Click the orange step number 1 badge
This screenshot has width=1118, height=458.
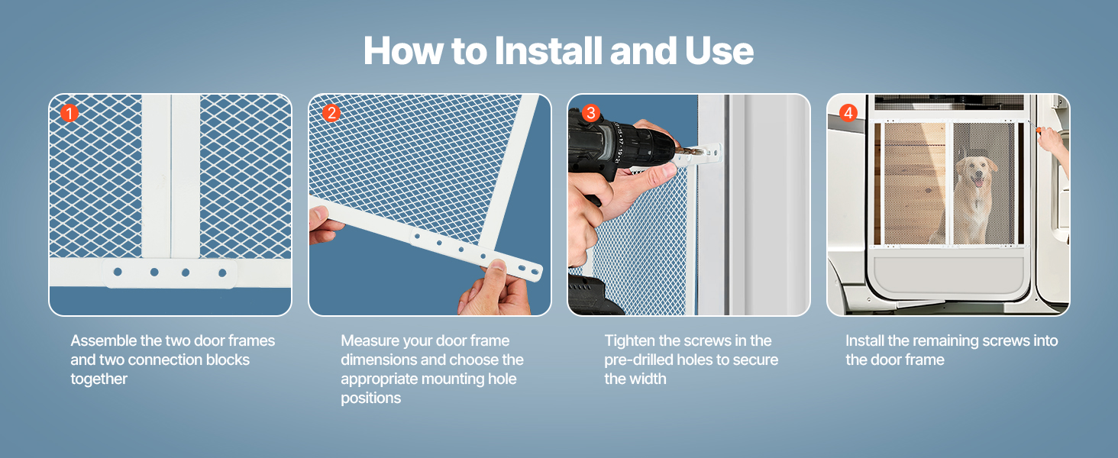click(70, 113)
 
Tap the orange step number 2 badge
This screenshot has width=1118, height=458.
click(331, 113)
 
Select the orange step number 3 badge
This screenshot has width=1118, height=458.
click(591, 113)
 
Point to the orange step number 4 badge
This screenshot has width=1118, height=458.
click(848, 113)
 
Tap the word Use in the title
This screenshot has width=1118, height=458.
click(719, 51)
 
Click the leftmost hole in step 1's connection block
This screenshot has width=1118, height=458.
click(118, 272)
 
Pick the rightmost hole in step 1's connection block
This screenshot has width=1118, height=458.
click(222, 273)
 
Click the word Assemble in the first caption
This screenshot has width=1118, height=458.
click(103, 340)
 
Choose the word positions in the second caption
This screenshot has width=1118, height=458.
click(371, 398)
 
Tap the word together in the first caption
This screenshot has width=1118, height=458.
click(99, 379)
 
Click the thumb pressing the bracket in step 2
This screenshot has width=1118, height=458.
click(495, 267)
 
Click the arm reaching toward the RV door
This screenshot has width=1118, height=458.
click(1053, 147)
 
